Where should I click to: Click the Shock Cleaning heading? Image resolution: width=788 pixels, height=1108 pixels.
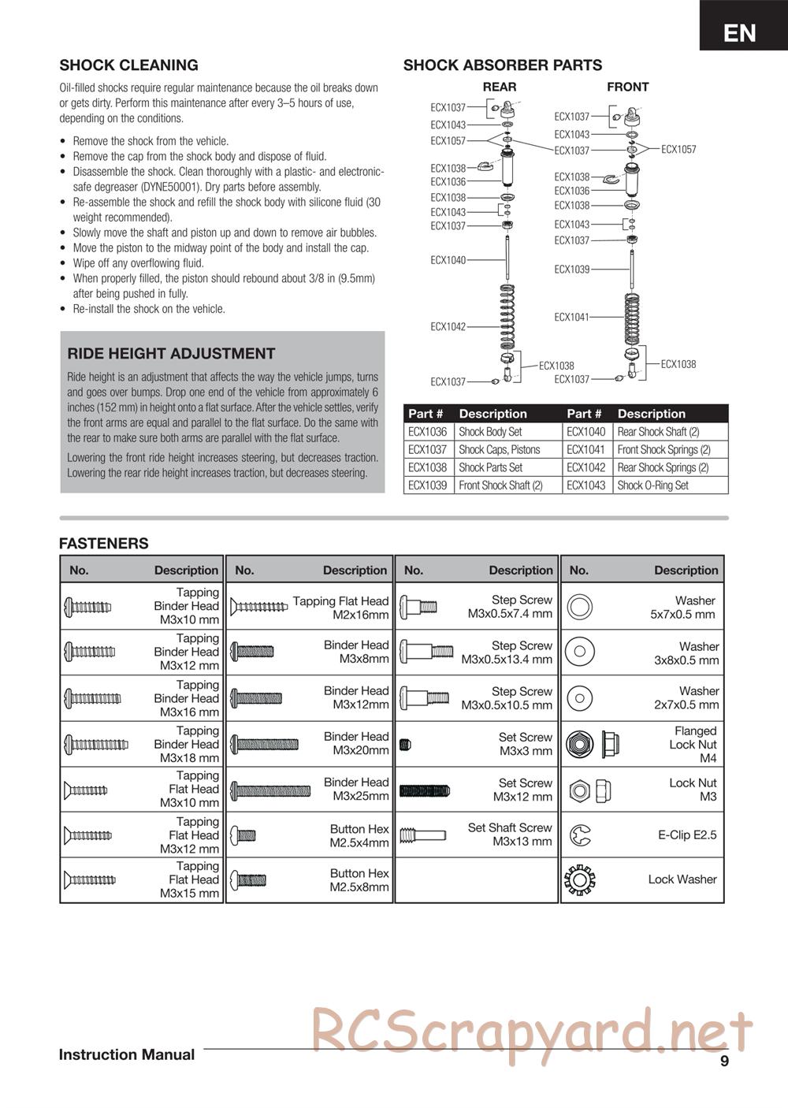click(x=128, y=65)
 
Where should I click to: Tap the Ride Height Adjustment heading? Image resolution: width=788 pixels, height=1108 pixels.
click(x=171, y=354)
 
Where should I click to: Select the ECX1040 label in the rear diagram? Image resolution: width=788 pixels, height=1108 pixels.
click(x=448, y=260)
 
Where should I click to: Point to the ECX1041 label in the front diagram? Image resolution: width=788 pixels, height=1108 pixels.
click(x=571, y=317)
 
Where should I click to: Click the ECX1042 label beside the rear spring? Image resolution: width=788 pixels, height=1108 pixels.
click(x=448, y=326)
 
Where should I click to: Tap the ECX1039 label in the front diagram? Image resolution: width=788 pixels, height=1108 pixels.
click(x=571, y=270)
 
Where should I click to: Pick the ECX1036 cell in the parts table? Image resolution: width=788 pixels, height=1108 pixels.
click(x=428, y=432)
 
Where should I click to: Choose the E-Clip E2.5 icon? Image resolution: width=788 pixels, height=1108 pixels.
click(x=580, y=835)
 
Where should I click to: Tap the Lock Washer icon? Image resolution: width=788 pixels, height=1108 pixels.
click(x=580, y=879)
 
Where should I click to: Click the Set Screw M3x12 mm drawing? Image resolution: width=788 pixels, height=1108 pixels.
click(x=424, y=790)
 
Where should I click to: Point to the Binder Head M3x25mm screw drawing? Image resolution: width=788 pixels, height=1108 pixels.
click(x=270, y=790)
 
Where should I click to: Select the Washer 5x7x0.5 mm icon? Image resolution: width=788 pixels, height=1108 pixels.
click(x=580, y=607)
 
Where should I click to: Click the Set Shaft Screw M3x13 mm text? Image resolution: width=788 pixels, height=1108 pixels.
click(x=510, y=835)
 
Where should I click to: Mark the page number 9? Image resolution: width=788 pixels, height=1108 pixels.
click(x=724, y=1061)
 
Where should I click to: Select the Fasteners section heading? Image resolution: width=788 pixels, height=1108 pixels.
click(x=103, y=544)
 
